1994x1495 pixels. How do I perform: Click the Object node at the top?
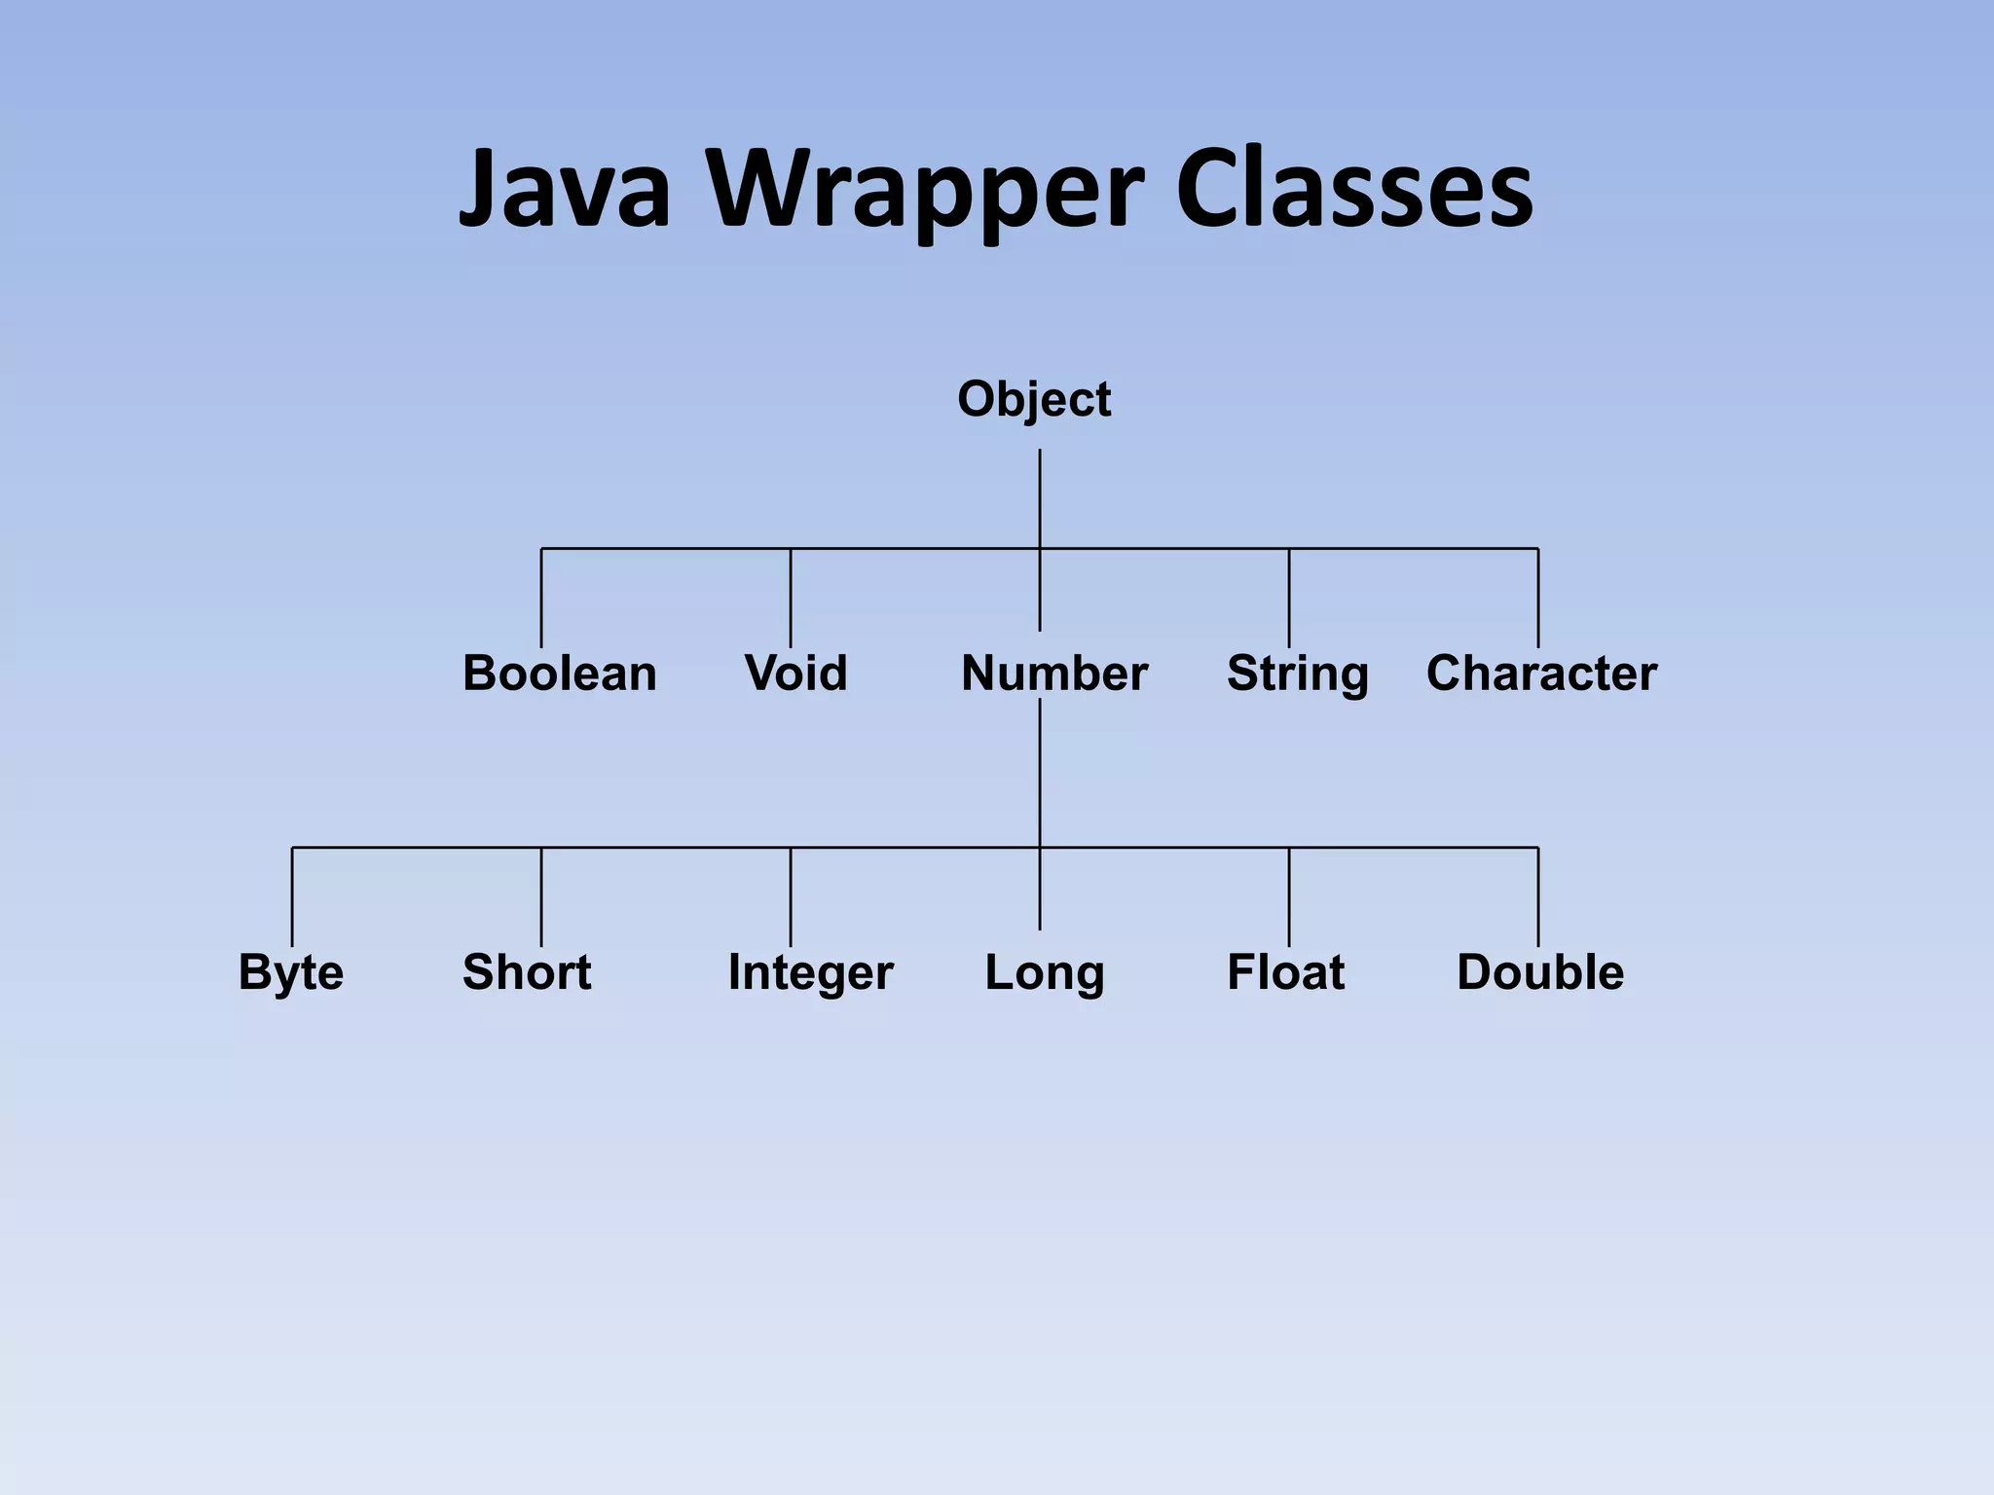coord(1034,399)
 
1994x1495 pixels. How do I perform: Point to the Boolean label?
coord(560,674)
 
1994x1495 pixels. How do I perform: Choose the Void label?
coord(795,674)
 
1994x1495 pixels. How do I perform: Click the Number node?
coord(1054,674)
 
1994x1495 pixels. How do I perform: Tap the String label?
coord(1297,674)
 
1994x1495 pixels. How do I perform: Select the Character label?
coord(1541,674)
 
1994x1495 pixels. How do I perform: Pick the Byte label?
coord(291,972)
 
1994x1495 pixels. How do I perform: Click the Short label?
coord(527,972)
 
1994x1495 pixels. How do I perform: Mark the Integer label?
coord(810,972)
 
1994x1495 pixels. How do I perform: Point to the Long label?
coord(1045,972)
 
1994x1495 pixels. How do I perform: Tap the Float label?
coord(1285,972)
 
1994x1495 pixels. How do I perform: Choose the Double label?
coord(1540,972)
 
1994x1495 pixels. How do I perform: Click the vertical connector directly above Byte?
coord(292,896)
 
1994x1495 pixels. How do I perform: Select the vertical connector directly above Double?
coord(1538,896)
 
